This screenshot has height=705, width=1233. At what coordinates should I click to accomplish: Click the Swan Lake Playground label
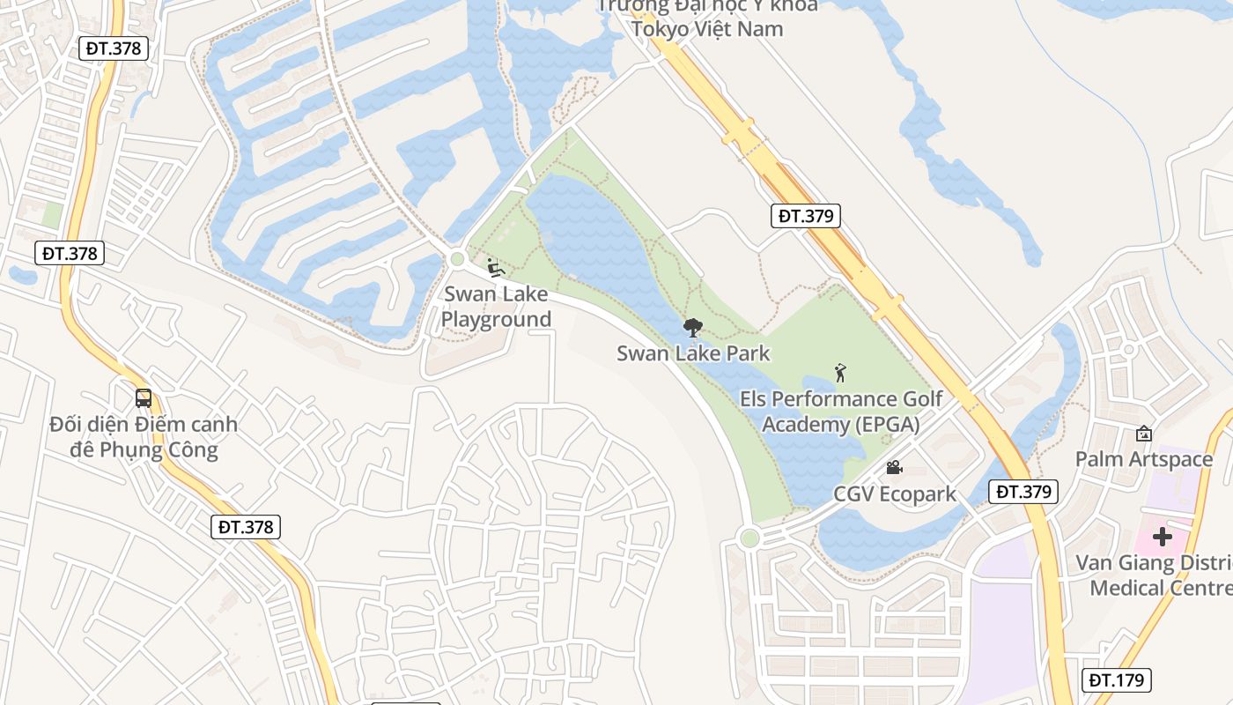click(x=496, y=307)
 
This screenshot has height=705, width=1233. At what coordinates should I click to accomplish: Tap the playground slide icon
click(x=495, y=267)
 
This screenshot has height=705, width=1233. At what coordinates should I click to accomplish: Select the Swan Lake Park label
click(x=693, y=354)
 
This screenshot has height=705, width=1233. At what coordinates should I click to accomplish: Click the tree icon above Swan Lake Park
click(x=693, y=329)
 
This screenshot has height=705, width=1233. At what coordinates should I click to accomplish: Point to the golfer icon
click(x=840, y=373)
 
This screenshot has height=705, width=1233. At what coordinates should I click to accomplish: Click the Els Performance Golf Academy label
click(x=840, y=412)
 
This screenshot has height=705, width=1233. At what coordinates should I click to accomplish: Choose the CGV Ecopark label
click(x=895, y=494)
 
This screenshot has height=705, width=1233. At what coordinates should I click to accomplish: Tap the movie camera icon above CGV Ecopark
click(x=894, y=467)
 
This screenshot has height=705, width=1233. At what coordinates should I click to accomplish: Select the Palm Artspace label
click(x=1143, y=459)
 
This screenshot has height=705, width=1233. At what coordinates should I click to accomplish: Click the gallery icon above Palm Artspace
click(x=1143, y=434)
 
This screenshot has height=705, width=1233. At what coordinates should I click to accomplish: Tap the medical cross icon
click(x=1163, y=536)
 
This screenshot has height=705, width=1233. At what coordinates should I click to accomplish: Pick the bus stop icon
click(x=144, y=397)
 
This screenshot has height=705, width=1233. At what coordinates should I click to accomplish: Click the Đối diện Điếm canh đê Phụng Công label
click(x=144, y=437)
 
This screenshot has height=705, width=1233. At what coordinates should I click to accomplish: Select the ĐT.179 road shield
click(x=1116, y=680)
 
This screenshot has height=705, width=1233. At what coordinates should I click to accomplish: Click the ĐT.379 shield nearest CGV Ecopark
click(x=1023, y=492)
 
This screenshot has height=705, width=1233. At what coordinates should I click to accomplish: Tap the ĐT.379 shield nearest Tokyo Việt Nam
click(x=805, y=216)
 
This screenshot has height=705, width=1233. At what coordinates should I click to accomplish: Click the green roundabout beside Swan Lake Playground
click(x=456, y=259)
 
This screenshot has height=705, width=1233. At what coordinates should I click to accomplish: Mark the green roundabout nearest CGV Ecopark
click(x=749, y=538)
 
